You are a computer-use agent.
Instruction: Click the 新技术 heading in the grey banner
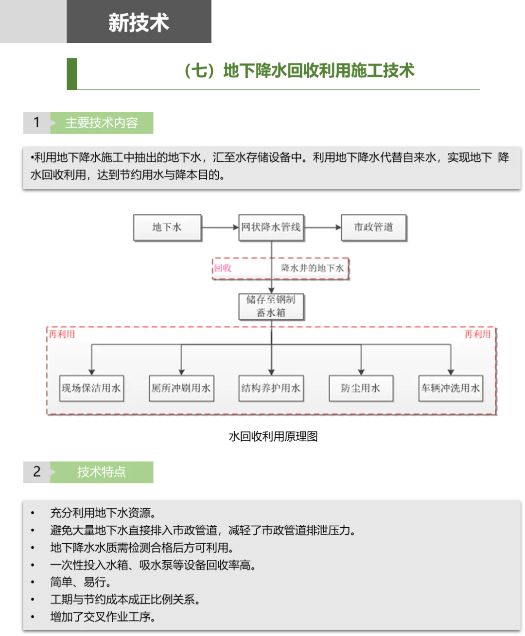tap(139, 23)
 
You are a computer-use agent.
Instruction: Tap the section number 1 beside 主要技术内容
tap(36, 122)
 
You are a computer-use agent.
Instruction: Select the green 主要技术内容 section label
tap(102, 123)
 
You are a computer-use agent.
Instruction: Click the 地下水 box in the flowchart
tap(167, 227)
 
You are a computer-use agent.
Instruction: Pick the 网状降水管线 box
tap(271, 227)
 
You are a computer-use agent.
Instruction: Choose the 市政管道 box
tap(373, 227)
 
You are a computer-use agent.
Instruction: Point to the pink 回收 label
tap(223, 268)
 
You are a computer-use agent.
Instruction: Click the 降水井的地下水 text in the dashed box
tap(312, 268)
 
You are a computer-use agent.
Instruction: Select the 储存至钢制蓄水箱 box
tap(271, 306)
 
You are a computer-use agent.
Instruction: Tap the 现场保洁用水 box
tap(91, 388)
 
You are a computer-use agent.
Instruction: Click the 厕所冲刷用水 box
tap(181, 388)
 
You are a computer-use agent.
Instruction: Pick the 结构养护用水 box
tap(271, 388)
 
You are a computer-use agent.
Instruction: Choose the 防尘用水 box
tap(361, 388)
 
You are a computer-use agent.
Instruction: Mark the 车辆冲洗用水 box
tap(451, 388)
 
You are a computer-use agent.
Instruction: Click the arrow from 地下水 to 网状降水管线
tap(219, 227)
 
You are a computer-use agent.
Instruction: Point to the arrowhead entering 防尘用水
tap(361, 371)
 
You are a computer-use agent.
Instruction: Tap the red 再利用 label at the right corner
tap(477, 334)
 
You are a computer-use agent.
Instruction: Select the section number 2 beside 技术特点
tap(36, 472)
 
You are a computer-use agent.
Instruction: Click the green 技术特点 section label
tap(102, 472)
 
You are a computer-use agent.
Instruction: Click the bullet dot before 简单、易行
tap(33, 582)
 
